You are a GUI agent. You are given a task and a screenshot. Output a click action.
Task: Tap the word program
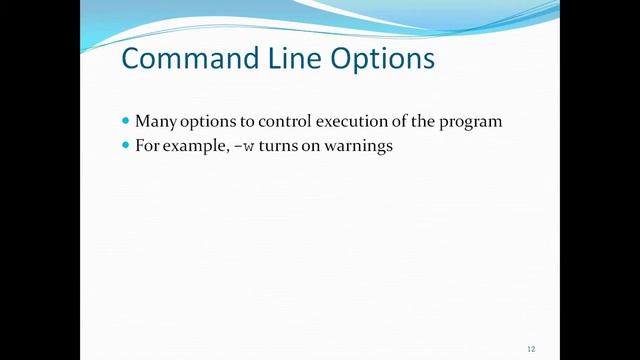pos(470,122)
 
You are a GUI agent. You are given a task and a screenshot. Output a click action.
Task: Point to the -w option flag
pos(240,146)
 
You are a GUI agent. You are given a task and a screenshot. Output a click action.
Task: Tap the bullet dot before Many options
pos(125,121)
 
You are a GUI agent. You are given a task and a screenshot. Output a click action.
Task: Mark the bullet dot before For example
pos(125,145)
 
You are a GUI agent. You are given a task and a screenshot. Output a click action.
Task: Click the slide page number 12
pos(531,348)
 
